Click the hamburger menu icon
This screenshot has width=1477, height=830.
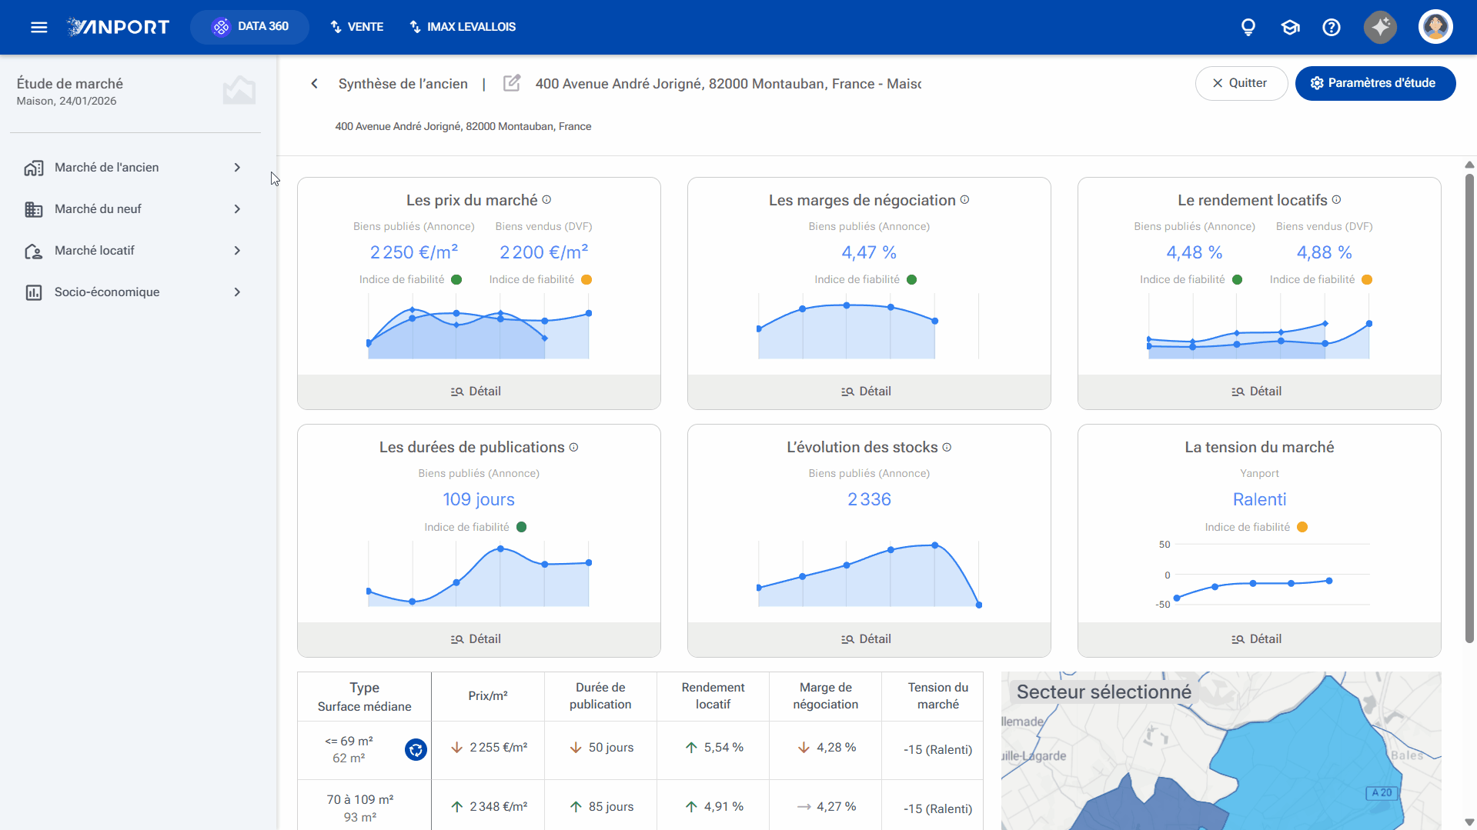[x=39, y=28]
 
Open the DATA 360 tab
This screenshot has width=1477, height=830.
[x=249, y=27]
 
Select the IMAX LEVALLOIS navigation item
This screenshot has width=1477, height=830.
[x=462, y=27]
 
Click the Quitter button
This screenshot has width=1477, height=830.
[x=1241, y=83]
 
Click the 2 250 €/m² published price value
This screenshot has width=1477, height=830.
[x=414, y=252]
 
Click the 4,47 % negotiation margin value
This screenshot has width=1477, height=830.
[x=869, y=252]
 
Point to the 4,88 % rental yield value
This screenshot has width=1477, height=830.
[x=1324, y=252]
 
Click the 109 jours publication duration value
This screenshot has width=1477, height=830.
[x=479, y=499]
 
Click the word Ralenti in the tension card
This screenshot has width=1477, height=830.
[x=1259, y=499]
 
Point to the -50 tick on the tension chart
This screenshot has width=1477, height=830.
[x=1162, y=605]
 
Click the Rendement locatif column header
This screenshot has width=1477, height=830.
[x=713, y=696]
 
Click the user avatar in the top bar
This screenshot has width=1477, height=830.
[x=1435, y=27]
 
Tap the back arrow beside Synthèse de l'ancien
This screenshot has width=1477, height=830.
[x=314, y=84]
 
